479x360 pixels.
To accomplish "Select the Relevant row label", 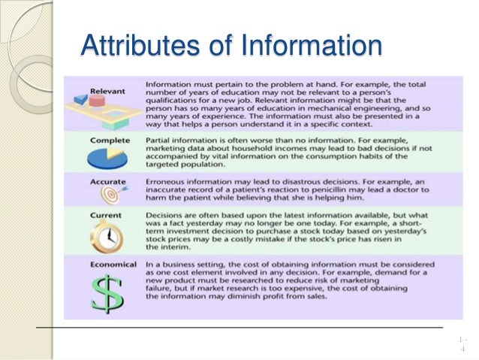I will pyautogui.click(x=109, y=90).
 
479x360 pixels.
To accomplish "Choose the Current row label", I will pyautogui.click(x=108, y=214).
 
